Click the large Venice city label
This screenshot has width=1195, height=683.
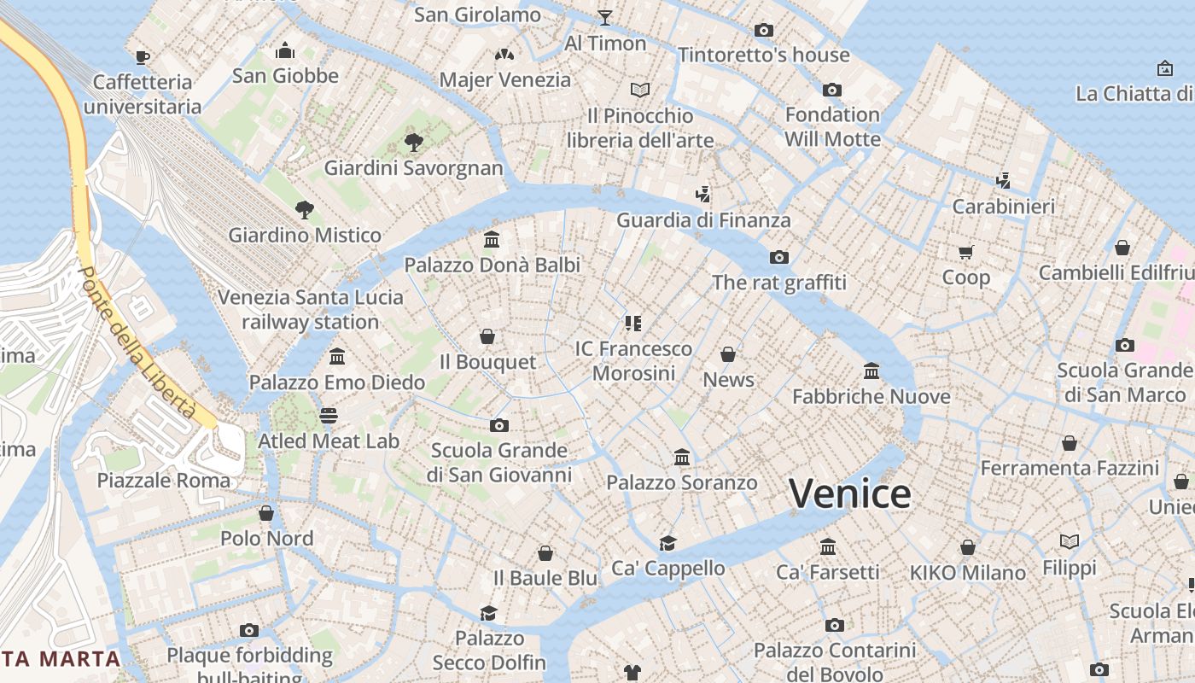(849, 494)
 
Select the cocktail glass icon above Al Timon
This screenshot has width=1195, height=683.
(605, 17)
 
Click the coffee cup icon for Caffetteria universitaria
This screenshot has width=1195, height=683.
(143, 57)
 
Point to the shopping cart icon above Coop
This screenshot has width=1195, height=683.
(966, 252)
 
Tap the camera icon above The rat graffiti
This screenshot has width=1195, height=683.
(778, 257)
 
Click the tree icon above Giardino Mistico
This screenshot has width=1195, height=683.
(304, 209)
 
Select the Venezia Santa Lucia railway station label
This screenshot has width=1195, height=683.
(311, 310)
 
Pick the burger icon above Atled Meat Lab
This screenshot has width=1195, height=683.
(329, 416)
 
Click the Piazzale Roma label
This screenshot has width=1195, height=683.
(164, 480)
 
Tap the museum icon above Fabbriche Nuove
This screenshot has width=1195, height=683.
(871, 371)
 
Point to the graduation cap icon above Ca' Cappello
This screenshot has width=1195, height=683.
(667, 543)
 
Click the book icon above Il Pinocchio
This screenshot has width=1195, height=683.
(640, 90)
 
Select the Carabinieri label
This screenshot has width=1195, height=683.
(1003, 206)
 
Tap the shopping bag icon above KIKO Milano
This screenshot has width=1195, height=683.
(967, 547)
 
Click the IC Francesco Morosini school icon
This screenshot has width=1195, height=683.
(632, 323)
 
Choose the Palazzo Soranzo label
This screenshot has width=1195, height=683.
(681, 482)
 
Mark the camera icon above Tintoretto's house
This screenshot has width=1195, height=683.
(764, 31)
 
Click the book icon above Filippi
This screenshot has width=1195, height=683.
(1069, 541)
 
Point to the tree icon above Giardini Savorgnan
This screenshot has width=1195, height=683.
(414, 142)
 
